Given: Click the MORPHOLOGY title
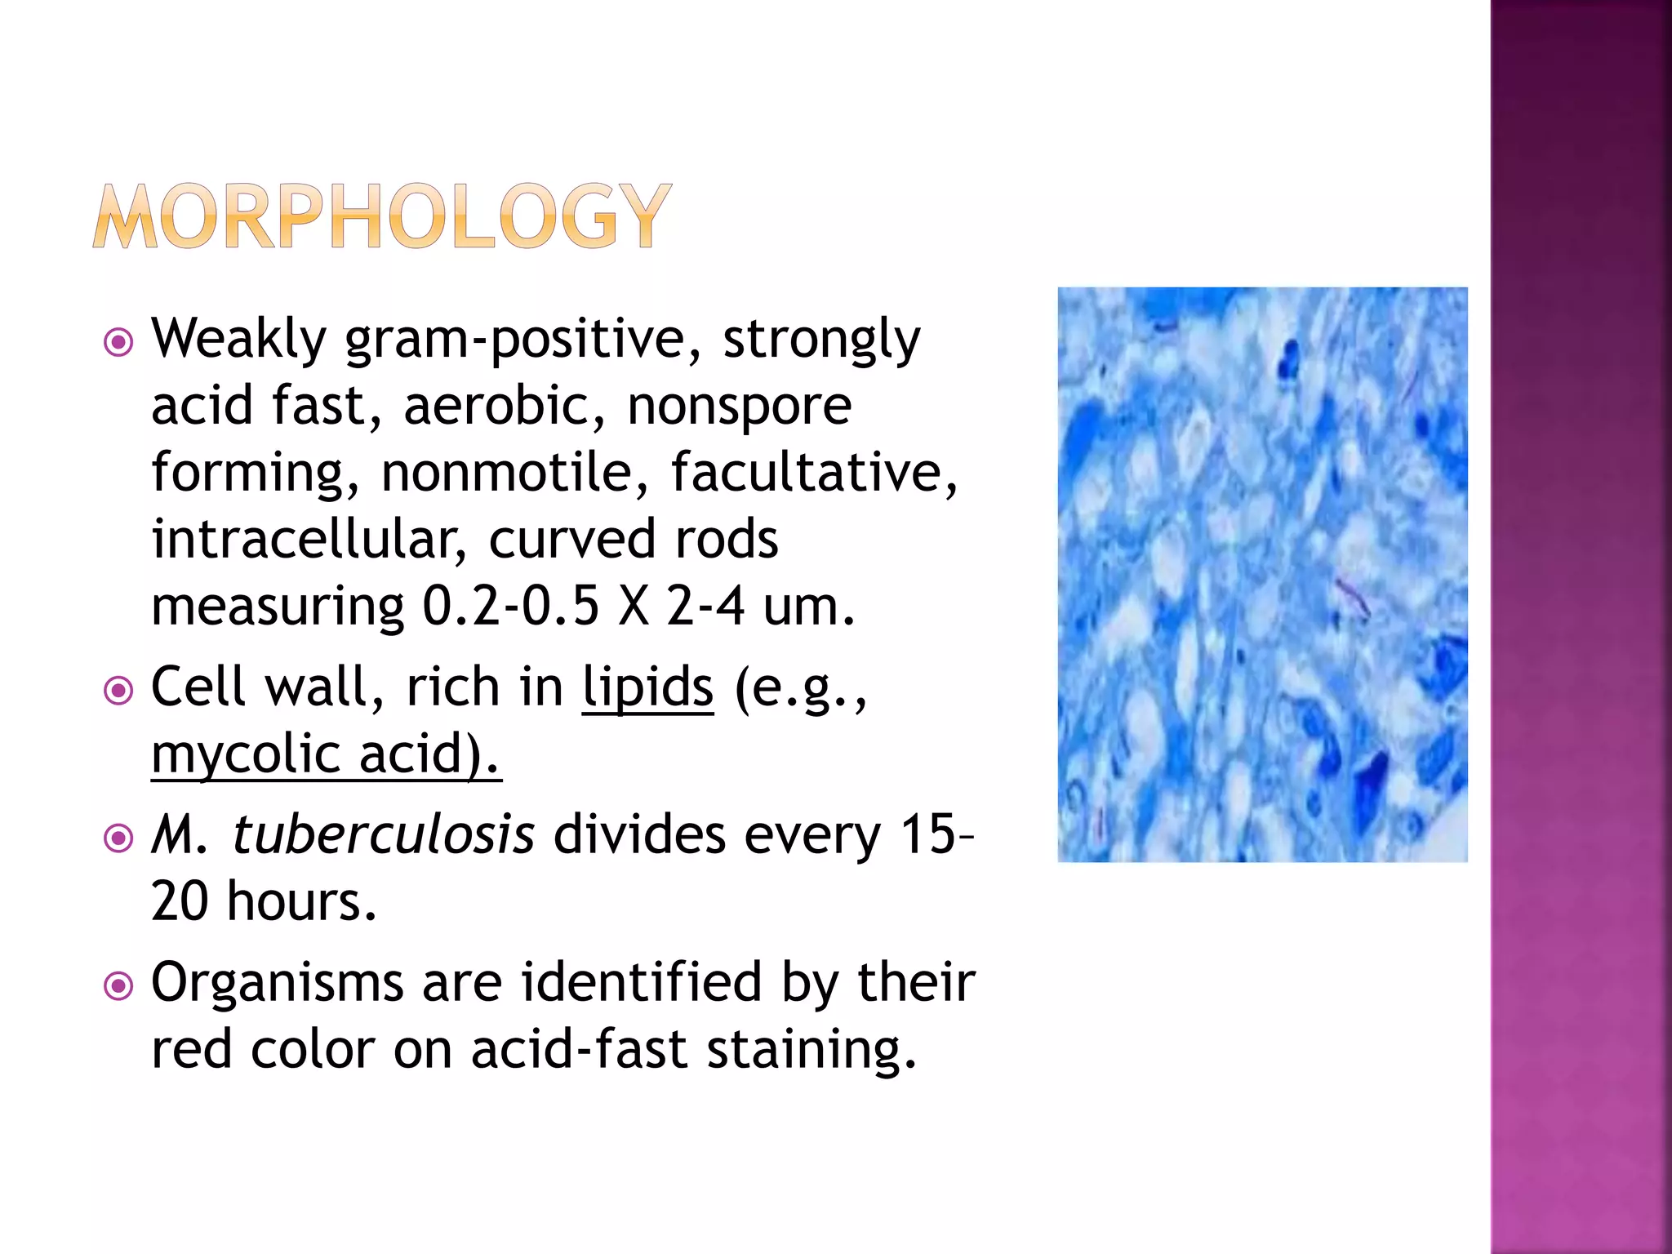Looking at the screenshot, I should coord(381,216).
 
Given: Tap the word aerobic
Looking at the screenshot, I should coord(504,406).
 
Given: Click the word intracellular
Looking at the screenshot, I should coord(308,540).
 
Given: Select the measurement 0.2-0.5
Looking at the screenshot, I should coord(510,607).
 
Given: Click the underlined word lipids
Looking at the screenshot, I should coord(647,687).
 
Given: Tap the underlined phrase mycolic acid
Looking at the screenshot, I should coord(325,754).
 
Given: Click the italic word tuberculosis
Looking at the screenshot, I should coord(383,835).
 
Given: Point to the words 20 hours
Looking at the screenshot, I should coord(263,902).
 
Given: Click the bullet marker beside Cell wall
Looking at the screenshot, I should coord(119,691).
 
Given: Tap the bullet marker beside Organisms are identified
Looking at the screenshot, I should coord(119,986).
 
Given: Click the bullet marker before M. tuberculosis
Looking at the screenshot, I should coord(119,838).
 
